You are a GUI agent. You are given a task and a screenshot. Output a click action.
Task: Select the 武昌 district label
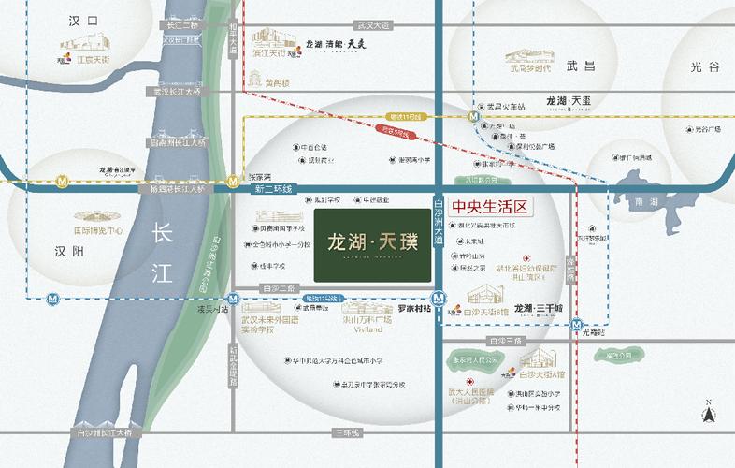581,66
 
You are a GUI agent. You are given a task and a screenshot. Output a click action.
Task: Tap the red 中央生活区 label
491,208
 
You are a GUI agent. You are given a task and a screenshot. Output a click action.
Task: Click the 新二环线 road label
274,189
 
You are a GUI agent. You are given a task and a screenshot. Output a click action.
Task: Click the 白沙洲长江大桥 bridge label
109,432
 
